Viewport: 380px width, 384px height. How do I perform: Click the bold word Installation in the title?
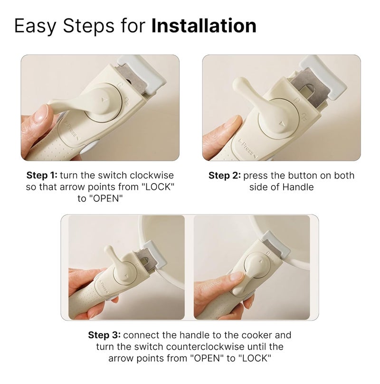coord(204,26)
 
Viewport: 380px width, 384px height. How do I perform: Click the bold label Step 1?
coord(42,175)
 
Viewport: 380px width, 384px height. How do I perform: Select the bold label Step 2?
coord(225,176)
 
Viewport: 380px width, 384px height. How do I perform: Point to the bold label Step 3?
coord(104,335)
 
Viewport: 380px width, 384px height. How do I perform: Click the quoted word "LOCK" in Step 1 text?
coord(158,187)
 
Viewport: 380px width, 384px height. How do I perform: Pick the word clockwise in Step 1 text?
coord(152,175)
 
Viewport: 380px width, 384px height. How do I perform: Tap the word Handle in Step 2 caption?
coord(298,187)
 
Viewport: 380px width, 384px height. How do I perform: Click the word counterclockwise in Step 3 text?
coord(205,347)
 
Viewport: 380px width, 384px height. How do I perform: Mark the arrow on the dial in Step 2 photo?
coord(282,124)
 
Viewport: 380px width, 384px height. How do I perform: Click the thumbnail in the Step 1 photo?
coord(41,114)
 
